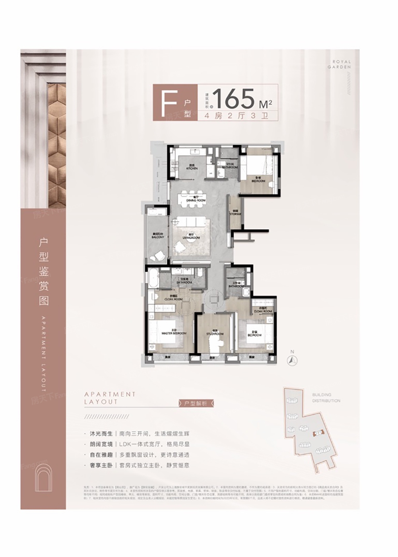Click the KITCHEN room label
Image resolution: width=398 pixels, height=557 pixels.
192,167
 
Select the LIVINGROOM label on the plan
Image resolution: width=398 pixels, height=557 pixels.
191,238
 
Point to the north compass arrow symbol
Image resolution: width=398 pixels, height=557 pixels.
293,360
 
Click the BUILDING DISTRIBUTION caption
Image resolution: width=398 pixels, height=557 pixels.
326,397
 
